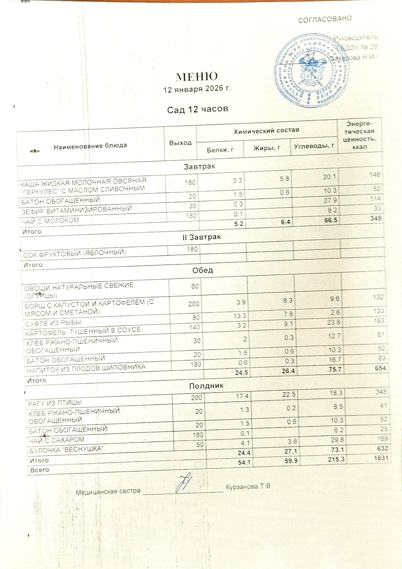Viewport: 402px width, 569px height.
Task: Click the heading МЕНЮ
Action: (197, 77)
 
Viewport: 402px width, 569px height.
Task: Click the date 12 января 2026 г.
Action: (197, 90)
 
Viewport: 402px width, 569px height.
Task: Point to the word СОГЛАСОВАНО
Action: (325, 19)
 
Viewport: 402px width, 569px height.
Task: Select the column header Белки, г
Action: (220, 150)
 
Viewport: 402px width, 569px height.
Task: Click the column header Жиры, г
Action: (267, 148)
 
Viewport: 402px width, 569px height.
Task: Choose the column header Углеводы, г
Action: (314, 146)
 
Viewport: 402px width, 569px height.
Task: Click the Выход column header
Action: (180, 143)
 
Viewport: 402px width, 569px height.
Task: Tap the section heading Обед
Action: (203, 270)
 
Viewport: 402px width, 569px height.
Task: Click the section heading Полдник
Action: (206, 386)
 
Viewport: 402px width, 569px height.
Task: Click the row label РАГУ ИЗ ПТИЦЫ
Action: (55, 402)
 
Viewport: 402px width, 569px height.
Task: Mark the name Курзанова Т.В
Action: (248, 487)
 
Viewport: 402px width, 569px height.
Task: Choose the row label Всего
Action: (40, 470)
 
